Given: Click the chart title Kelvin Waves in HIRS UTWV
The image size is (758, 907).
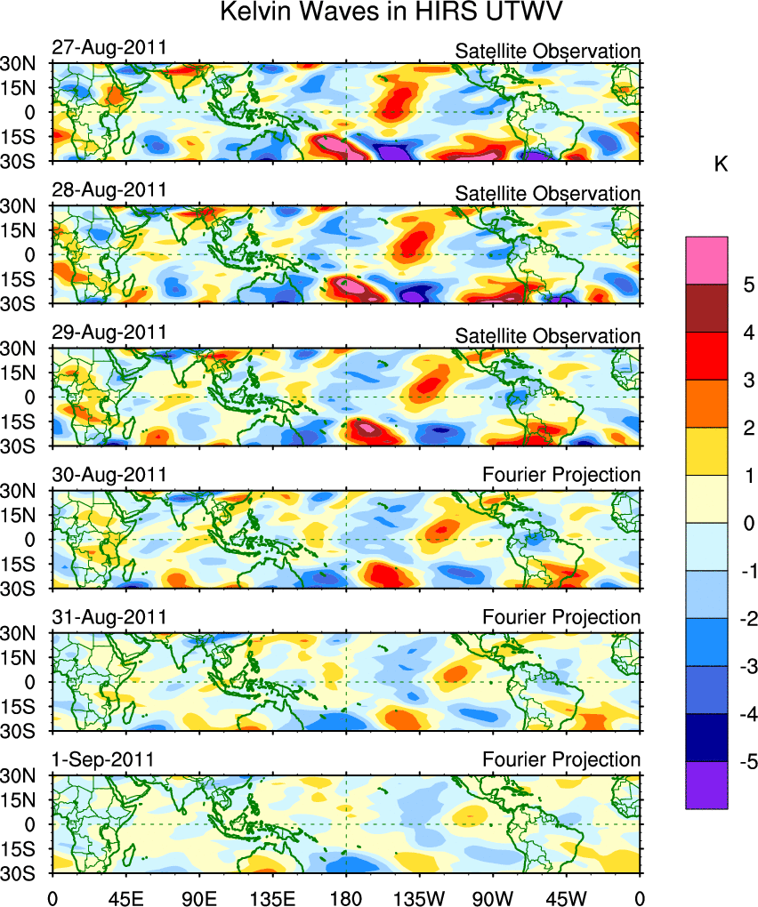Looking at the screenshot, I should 379,13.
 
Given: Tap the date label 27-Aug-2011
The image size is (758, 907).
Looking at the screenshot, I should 109,48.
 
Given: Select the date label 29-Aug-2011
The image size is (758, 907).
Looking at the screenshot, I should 109,333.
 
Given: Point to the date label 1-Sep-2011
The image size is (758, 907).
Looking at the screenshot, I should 103,759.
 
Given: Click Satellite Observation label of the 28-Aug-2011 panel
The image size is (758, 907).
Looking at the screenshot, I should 547,194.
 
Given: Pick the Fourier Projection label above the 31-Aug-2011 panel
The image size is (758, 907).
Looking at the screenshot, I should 560,617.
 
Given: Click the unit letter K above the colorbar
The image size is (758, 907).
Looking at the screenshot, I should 721,165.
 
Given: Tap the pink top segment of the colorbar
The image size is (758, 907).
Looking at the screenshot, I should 706,260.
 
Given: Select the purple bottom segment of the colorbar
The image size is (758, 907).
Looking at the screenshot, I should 706,785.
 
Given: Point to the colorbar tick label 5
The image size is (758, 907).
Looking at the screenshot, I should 749,285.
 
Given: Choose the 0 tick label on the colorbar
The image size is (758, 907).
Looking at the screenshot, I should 749,523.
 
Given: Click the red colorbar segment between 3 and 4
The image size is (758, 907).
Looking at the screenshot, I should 706,357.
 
